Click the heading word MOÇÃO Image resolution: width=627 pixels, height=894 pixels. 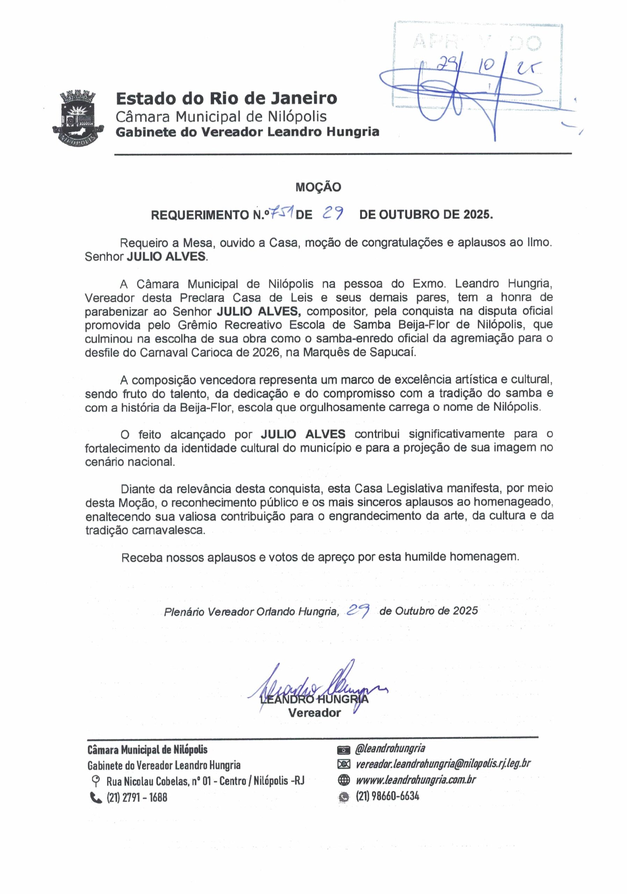(318, 187)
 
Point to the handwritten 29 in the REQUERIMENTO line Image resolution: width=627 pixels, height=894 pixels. (333, 213)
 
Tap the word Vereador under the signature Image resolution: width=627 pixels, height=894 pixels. (315, 713)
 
